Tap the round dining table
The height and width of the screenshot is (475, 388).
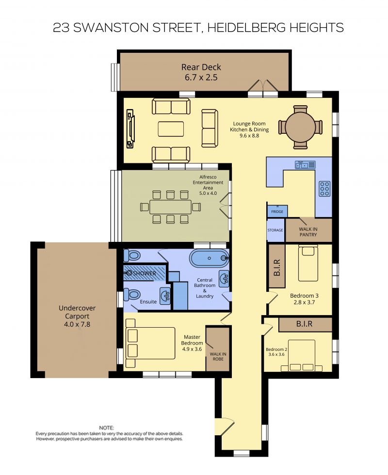[x=300, y=127]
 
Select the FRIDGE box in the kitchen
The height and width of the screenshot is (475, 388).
[x=277, y=211]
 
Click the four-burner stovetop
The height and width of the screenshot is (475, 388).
[x=324, y=189]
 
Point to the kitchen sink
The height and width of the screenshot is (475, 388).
[x=305, y=164]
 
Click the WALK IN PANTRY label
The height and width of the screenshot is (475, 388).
[x=308, y=232]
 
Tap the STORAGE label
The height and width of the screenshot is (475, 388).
[x=275, y=230]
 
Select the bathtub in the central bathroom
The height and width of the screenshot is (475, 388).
[x=209, y=258]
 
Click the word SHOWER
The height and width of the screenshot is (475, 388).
[x=145, y=273]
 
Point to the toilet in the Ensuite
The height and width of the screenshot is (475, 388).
[x=132, y=295]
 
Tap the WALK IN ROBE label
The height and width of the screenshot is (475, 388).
[x=218, y=357]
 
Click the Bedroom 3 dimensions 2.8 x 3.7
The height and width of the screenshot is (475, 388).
[x=304, y=302]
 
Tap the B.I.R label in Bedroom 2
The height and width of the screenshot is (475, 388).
[x=304, y=324]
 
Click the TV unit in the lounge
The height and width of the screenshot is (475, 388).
[x=130, y=129]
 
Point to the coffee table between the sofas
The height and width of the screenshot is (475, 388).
[x=171, y=129]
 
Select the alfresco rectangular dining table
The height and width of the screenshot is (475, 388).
[x=171, y=207]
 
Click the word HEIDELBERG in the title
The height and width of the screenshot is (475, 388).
[x=247, y=28]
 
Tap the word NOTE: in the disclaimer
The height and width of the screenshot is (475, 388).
[x=106, y=428]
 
